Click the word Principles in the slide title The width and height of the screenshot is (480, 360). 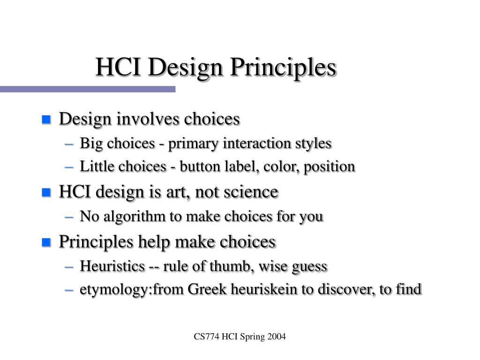[283, 68]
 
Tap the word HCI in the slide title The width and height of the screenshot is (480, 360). [118, 67]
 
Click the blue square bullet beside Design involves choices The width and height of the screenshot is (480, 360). [46, 120]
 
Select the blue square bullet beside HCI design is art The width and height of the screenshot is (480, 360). [46, 193]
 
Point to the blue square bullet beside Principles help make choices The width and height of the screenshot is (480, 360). [46, 242]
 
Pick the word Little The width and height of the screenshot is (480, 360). [97, 166]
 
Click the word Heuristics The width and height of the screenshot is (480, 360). [112, 266]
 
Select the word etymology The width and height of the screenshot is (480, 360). [114, 290]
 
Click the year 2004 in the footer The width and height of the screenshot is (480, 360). [277, 337]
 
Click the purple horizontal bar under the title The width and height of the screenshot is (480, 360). [88, 89]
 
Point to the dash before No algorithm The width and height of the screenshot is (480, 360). [69, 217]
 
